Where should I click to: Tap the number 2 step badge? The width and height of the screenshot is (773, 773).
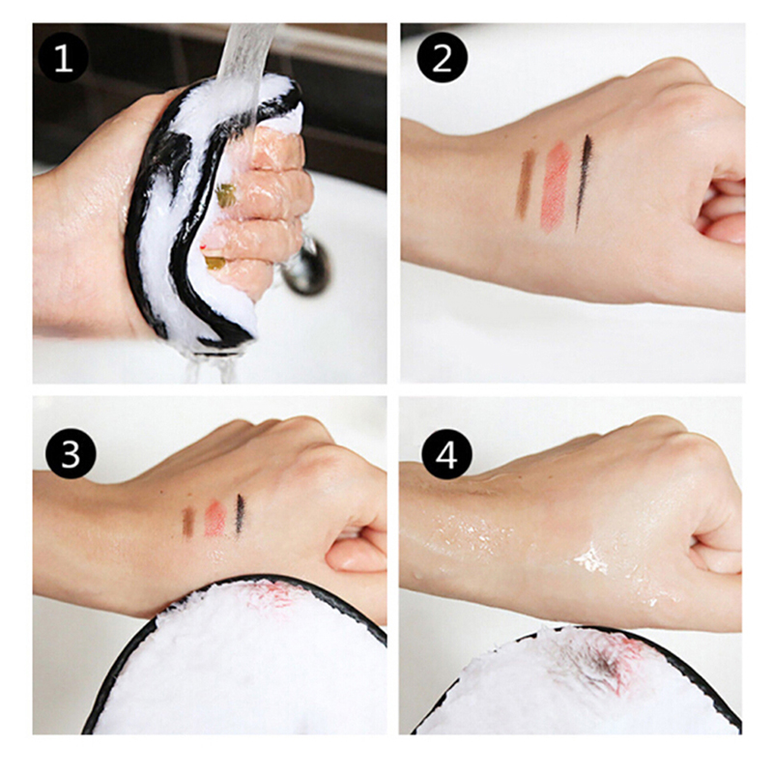click(x=442, y=58)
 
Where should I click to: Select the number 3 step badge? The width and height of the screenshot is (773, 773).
click(x=71, y=453)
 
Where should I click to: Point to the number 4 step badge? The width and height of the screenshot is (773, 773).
click(x=446, y=454)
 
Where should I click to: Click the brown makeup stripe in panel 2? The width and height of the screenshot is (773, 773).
click(x=525, y=185)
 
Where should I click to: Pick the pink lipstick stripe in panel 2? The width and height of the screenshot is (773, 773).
click(x=555, y=186)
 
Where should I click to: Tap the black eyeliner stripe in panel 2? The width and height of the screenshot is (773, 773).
click(x=584, y=183)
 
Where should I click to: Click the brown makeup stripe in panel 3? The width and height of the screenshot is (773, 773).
click(x=188, y=521)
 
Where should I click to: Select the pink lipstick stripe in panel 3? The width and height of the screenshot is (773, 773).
click(x=215, y=518)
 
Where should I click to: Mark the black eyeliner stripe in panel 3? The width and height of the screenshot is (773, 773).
click(x=240, y=514)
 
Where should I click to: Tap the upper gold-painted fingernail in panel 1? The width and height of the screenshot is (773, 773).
click(x=226, y=195)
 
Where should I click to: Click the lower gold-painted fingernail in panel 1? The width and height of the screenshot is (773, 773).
click(x=214, y=261)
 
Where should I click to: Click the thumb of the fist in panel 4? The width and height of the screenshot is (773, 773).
click(x=716, y=563)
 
